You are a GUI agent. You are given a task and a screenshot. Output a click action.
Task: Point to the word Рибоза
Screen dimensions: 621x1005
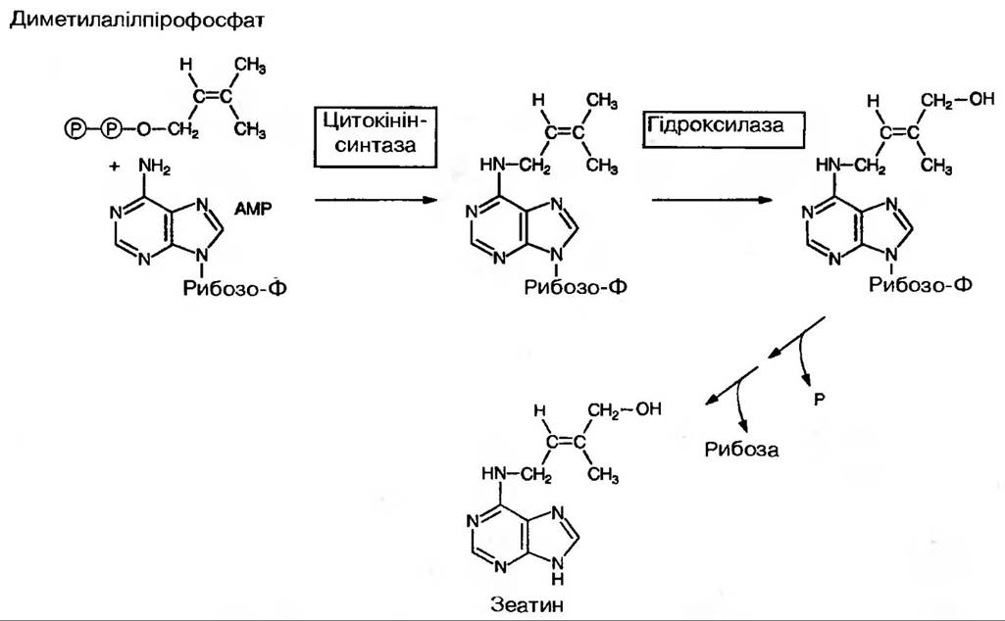[x=740, y=450]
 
